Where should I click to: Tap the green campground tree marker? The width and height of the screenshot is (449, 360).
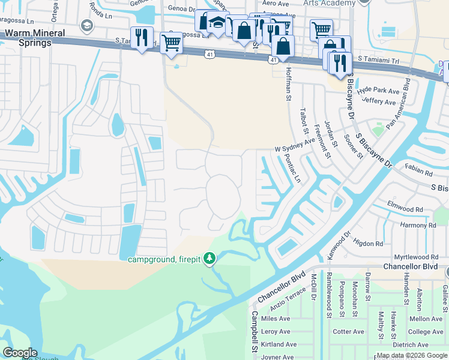(x=209, y=259)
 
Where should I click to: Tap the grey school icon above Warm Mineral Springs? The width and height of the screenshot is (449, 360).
(x=87, y=26)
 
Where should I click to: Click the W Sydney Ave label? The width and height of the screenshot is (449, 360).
(x=295, y=145)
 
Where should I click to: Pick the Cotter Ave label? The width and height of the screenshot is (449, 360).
(x=348, y=332)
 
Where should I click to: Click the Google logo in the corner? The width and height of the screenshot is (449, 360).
(x=20, y=353)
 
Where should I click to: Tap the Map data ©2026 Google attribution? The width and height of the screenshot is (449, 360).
(x=412, y=355)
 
